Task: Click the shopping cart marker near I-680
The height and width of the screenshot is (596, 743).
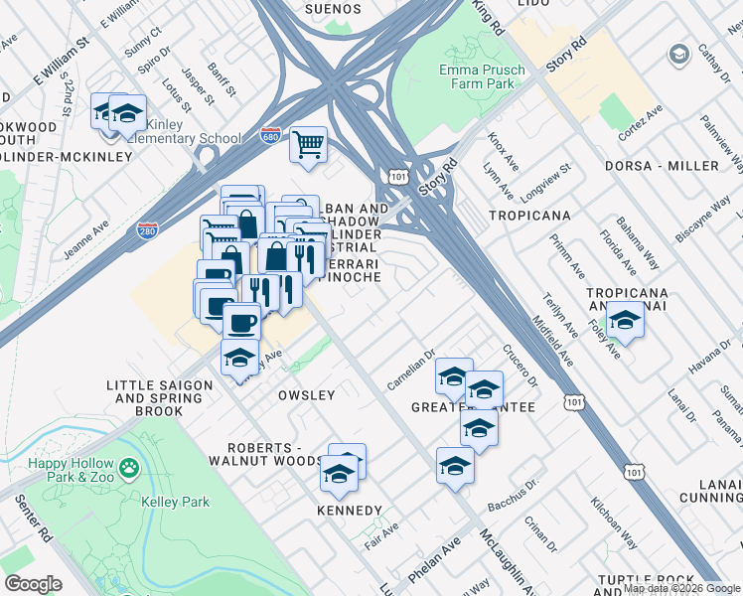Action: [309, 145]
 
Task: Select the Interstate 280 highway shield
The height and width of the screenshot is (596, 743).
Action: [146, 230]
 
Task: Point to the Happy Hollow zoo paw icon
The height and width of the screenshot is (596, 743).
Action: [128, 466]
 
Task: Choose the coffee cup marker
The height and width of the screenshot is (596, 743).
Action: [241, 322]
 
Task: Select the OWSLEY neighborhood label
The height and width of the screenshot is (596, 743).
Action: [306, 395]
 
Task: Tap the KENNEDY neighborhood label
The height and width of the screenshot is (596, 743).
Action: [349, 511]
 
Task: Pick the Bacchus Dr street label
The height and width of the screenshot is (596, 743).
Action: [515, 477]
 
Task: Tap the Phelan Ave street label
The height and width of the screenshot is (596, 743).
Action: [433, 562]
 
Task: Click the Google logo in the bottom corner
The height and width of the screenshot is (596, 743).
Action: [33, 584]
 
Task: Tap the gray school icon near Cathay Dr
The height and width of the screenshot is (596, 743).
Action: [679, 53]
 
